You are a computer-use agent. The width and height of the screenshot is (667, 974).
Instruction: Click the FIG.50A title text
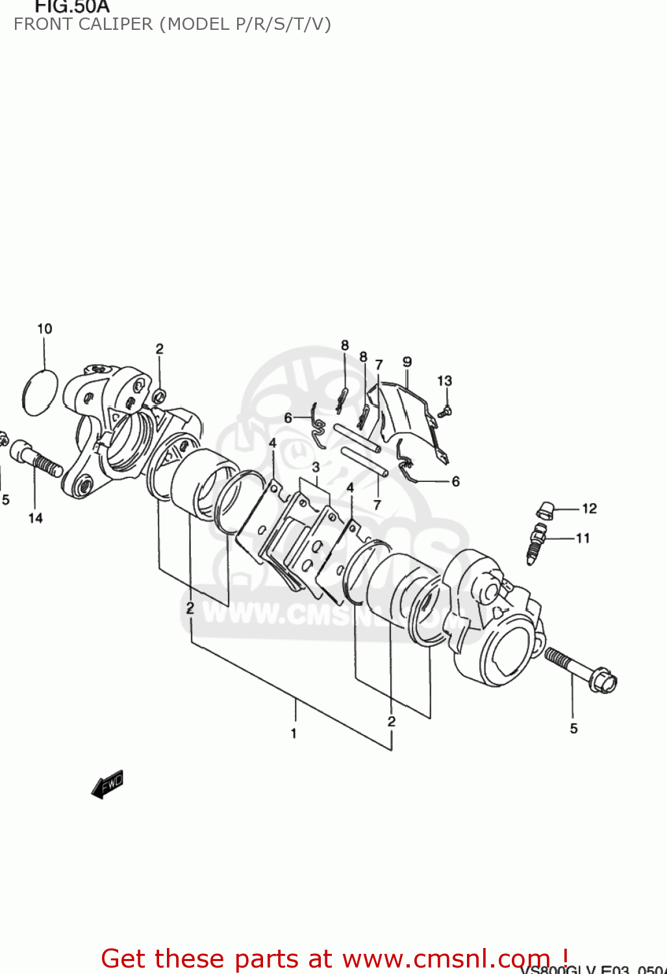(71, 7)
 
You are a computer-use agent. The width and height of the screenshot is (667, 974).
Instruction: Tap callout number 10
(44, 329)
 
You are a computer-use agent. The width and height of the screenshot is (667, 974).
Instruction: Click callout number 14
(35, 518)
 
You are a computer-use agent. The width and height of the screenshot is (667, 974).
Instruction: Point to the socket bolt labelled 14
(36, 457)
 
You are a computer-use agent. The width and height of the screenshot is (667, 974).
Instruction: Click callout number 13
(444, 381)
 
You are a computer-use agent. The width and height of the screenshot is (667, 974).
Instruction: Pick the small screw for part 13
(446, 411)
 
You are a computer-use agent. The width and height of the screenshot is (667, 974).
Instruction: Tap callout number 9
(407, 362)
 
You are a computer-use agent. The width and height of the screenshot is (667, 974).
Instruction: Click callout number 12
(589, 508)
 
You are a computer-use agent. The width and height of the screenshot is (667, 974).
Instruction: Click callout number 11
(583, 538)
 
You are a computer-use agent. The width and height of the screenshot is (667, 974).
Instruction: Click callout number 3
(316, 467)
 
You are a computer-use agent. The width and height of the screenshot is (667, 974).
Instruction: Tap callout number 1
(294, 733)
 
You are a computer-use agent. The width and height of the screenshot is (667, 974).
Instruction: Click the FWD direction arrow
(107, 784)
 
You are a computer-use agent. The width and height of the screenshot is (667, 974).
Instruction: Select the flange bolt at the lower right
(581, 669)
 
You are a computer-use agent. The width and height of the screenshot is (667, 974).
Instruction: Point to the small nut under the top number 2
(158, 395)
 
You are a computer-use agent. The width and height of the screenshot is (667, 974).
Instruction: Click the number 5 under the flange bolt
(573, 729)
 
